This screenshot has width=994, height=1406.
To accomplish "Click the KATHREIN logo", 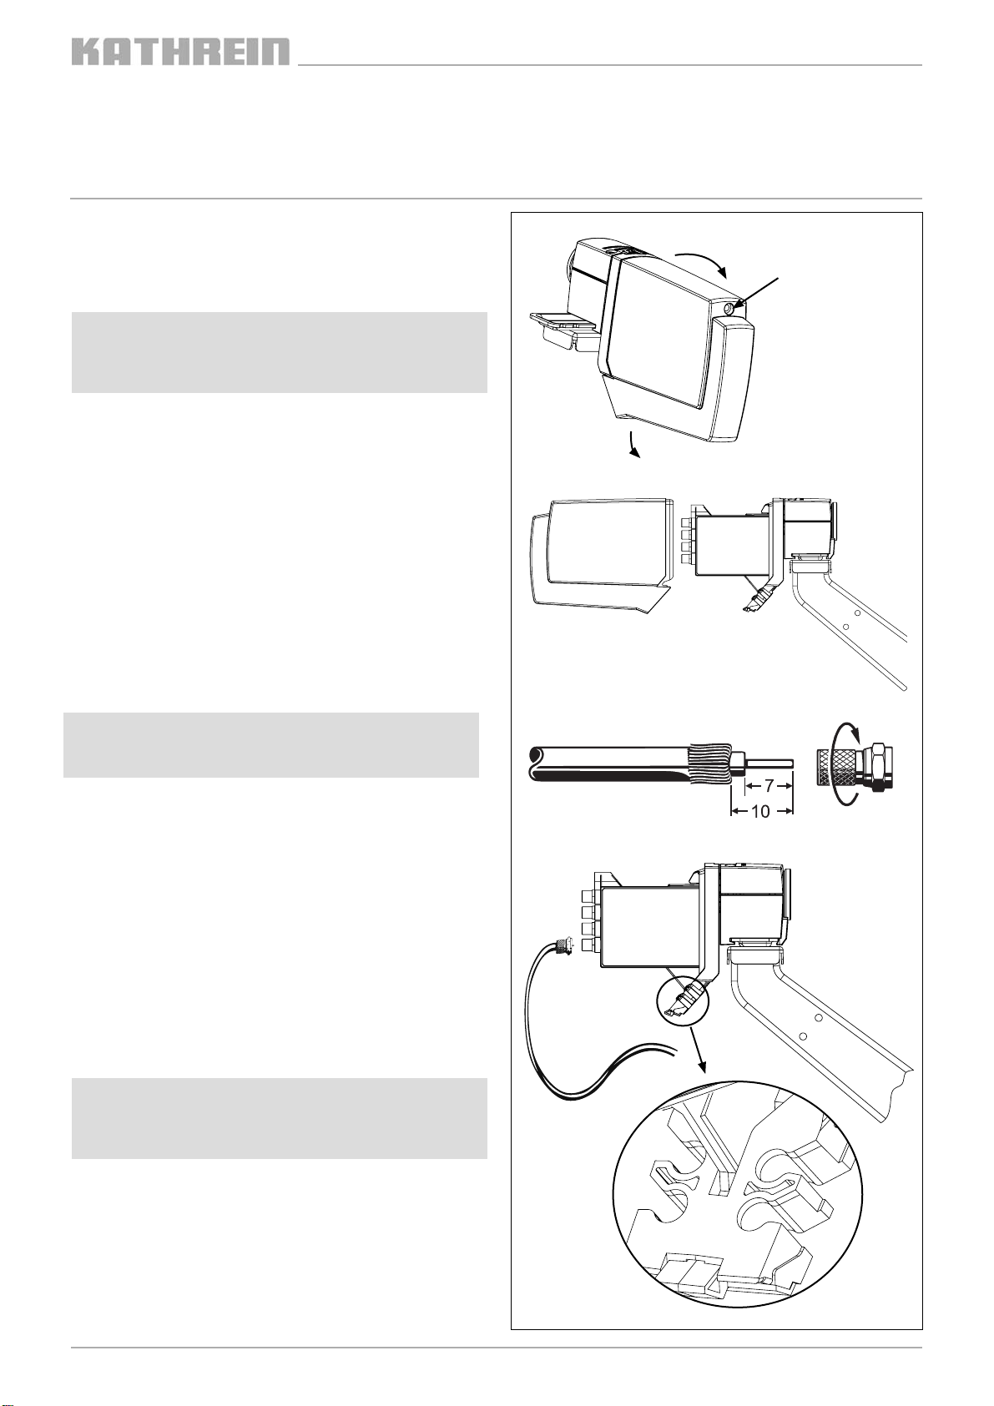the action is point(181,52).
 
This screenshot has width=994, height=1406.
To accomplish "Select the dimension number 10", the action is point(759,812).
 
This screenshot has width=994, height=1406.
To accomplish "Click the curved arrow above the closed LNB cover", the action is point(701,262).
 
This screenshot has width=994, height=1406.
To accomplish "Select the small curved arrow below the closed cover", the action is point(634,445).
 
